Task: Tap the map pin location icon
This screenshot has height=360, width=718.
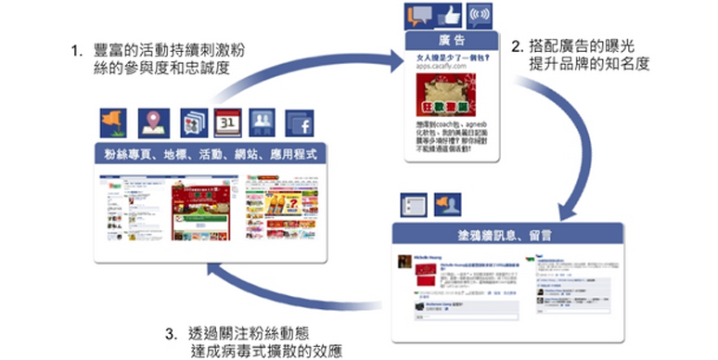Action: click(x=152, y=122)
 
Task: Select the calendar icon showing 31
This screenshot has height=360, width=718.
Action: click(x=226, y=122)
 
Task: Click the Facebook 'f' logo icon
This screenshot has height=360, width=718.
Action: click(x=301, y=122)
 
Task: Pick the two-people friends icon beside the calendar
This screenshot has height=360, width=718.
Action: click(x=263, y=122)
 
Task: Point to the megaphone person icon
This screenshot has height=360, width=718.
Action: click(x=448, y=204)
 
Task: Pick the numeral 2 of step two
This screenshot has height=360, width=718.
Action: click(x=518, y=43)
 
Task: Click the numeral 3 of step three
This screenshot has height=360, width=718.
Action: click(x=170, y=332)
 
